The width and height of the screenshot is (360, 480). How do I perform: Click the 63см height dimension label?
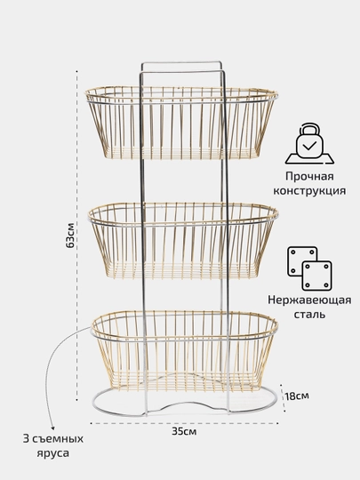(x=70, y=235)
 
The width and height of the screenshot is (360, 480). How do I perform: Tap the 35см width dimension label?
(x=184, y=432)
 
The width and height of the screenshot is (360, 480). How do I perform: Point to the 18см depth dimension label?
(x=296, y=396)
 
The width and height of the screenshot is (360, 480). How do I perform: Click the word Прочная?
(x=309, y=176)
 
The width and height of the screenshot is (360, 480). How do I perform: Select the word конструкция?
(x=309, y=191)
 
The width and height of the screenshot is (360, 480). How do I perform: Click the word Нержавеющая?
(x=309, y=300)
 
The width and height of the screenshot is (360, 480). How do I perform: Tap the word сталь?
(x=309, y=315)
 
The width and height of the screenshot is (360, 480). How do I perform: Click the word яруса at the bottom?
(x=53, y=453)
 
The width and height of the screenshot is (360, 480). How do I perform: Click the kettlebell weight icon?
(x=309, y=143)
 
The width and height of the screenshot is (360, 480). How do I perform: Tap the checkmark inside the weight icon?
(x=309, y=146)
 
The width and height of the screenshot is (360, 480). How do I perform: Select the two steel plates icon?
(x=309, y=268)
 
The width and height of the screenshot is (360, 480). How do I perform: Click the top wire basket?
(x=181, y=123)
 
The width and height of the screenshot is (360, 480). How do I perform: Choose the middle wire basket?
(x=183, y=241)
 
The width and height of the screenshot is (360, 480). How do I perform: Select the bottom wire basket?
(x=184, y=351)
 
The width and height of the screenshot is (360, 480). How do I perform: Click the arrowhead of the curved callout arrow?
(x=53, y=428)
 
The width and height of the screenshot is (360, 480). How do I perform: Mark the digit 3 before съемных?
(x=26, y=439)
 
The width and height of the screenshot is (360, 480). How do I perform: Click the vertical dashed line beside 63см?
(x=76, y=235)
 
